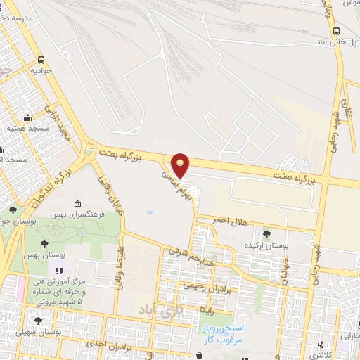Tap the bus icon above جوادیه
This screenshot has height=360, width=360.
coord(41,60)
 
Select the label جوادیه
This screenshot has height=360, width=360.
coord(41,71)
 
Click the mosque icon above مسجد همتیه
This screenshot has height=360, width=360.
coord(27,117)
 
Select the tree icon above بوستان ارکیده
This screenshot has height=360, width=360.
coord(266,234)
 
